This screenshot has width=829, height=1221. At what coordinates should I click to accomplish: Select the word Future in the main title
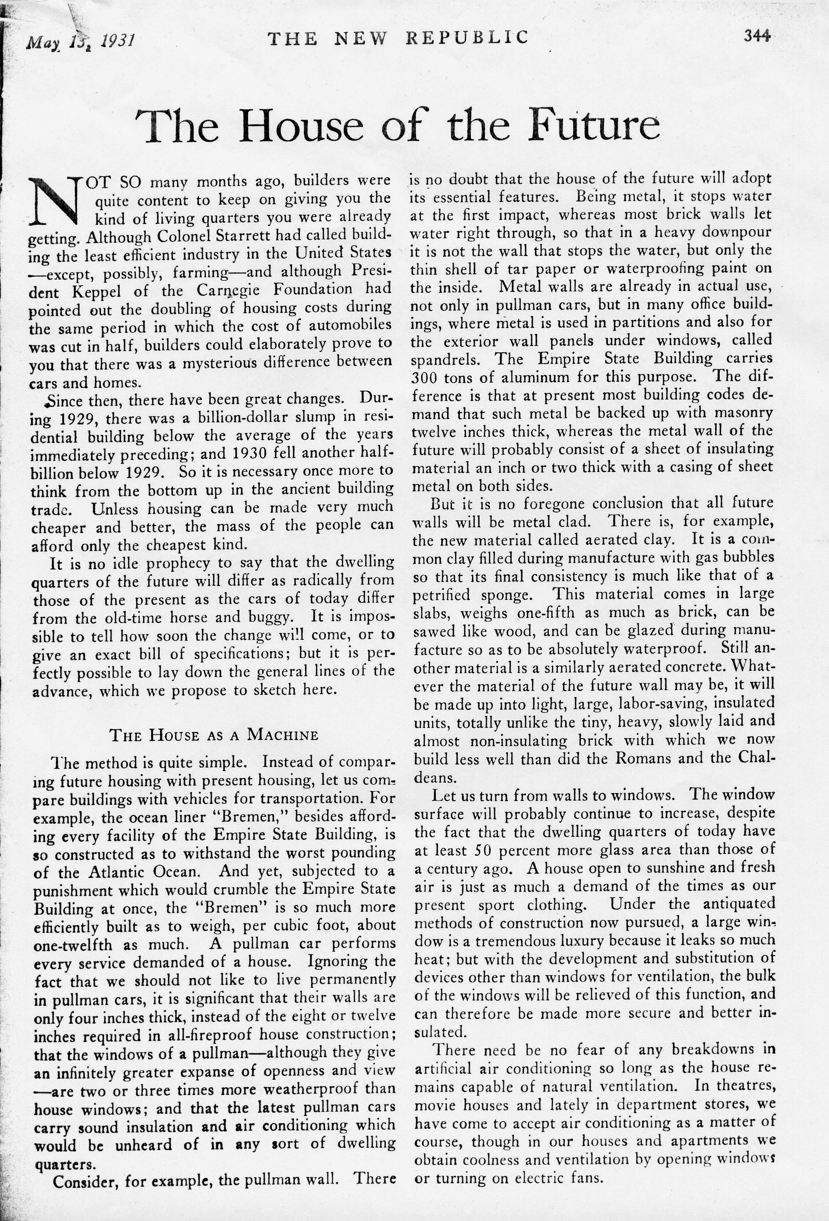coord(594,126)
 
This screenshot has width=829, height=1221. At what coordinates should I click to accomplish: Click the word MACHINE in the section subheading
coord(282,734)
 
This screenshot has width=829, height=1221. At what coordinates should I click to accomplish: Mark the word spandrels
coord(447,359)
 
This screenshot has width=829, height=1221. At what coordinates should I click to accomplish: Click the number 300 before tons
coord(424,378)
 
